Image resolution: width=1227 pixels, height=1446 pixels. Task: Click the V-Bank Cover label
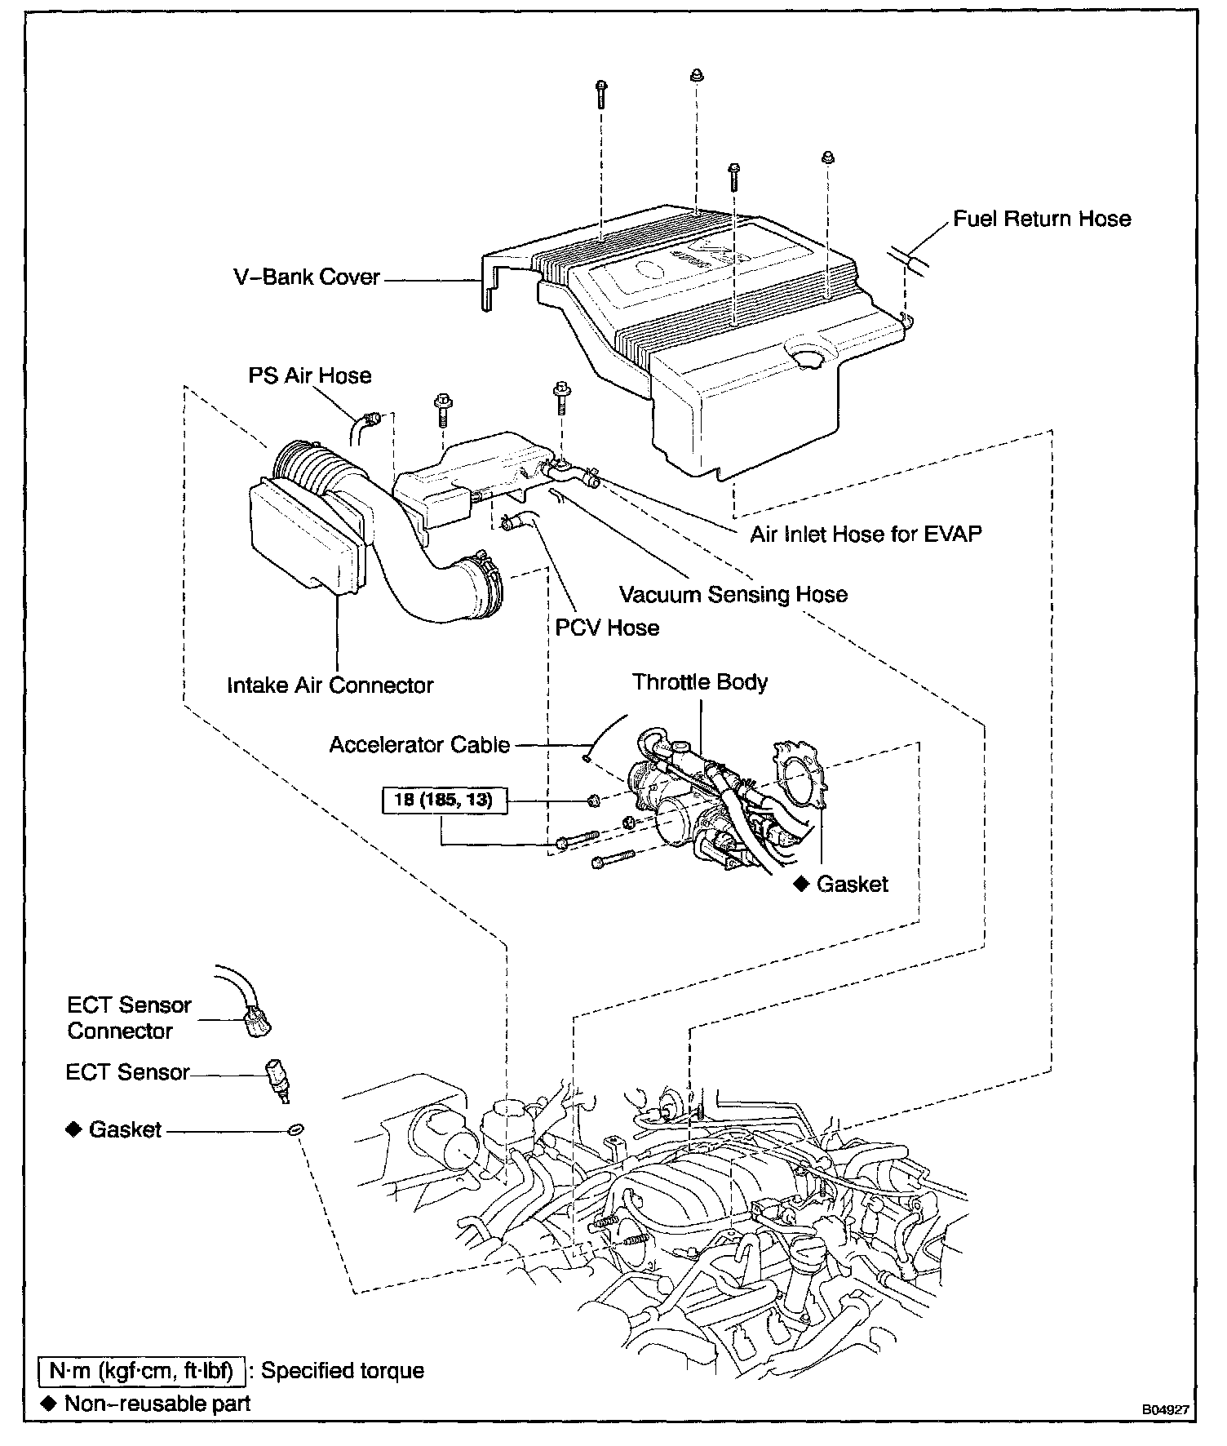tap(307, 277)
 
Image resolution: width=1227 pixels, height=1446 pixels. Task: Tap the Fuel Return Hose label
tap(1042, 219)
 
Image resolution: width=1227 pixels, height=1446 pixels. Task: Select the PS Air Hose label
tap(309, 375)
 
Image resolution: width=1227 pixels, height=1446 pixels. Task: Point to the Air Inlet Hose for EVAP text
tap(866, 534)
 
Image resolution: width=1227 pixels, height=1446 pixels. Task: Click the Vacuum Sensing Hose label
tap(733, 594)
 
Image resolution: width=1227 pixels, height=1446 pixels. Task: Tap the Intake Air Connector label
tap(330, 685)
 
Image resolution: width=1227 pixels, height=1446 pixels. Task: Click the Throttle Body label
tap(699, 681)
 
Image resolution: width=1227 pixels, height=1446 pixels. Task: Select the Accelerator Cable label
tap(419, 744)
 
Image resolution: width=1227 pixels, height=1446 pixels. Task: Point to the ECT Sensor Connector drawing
tap(256, 1022)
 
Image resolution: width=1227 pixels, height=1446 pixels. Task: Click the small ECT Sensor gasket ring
tap(295, 1129)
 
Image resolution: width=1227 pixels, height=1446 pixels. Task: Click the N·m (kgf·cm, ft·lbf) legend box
tap(142, 1370)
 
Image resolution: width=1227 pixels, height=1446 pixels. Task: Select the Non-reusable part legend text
tap(157, 1403)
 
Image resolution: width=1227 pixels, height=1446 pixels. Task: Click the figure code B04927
tap(1164, 1409)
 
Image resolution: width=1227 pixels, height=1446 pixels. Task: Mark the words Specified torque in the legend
tap(343, 1370)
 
